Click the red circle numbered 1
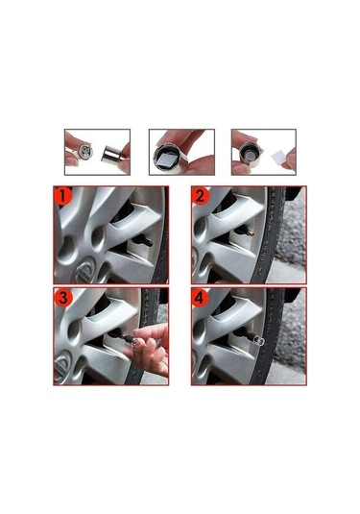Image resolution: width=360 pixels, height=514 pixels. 62,196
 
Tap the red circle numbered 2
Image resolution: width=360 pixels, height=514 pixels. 201,196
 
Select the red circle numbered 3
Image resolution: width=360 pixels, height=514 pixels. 62,298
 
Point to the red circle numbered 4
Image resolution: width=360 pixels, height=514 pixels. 201,298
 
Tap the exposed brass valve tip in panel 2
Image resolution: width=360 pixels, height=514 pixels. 252,233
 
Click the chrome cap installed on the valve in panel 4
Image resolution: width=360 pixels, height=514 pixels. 258,341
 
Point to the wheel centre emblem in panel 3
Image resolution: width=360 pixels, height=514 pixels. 64,364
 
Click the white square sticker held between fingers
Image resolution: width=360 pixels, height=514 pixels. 279,159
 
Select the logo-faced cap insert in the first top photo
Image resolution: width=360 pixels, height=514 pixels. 85,152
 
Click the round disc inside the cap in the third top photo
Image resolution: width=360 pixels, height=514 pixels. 251,154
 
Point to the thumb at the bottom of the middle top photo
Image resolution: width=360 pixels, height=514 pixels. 199,165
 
